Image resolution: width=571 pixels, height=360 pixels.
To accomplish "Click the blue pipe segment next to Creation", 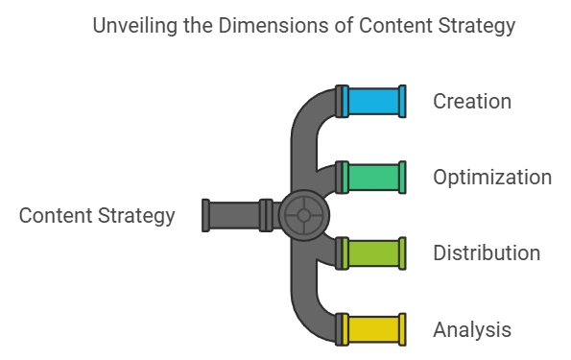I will click(x=373, y=101).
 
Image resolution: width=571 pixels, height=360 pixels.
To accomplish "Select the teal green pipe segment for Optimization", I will click(x=373, y=177).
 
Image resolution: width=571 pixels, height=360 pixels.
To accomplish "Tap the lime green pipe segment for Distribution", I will click(x=373, y=252).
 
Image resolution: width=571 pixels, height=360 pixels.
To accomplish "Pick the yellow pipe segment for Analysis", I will click(x=373, y=328).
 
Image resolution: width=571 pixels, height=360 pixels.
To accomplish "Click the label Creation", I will click(x=472, y=101).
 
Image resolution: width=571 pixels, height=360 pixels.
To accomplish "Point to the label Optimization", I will click(x=492, y=178).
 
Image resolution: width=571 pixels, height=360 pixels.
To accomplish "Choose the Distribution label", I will click(x=487, y=253).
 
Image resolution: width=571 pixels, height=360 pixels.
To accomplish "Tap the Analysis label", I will click(x=472, y=330).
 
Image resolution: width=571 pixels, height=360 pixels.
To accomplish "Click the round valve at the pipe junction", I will click(x=303, y=215).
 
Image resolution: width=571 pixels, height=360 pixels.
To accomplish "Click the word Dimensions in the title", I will click(x=252, y=26).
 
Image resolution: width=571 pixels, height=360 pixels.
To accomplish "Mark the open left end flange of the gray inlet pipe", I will click(x=206, y=215).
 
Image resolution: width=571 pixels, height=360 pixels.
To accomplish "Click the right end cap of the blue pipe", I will click(x=402, y=101).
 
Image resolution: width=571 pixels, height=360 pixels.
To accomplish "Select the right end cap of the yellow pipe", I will click(x=402, y=328).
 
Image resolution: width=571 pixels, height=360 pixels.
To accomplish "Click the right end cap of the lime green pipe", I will click(x=402, y=252).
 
